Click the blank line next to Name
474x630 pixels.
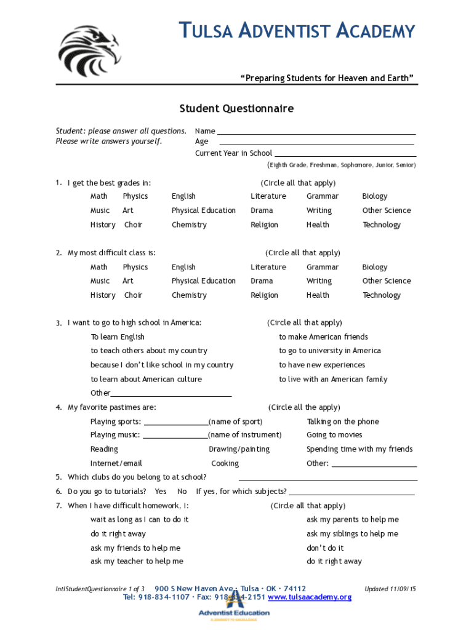tap(316, 132)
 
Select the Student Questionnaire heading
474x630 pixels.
tap(236, 109)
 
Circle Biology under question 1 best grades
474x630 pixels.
tap(374, 196)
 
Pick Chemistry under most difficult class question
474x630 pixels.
tap(189, 295)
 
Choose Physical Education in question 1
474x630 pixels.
tap(203, 210)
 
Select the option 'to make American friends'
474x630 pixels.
tap(323, 337)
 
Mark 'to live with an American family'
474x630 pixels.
tap(333, 380)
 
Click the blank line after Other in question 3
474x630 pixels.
tap(171, 394)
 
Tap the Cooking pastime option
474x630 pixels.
tap(225, 464)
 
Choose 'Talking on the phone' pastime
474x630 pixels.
tap(342, 422)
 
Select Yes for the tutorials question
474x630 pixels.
tap(161, 492)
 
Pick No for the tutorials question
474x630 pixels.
tap(182, 492)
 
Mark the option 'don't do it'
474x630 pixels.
tap(325, 548)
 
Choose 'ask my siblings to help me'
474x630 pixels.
tap(352, 534)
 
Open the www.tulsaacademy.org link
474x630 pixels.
tap(310, 597)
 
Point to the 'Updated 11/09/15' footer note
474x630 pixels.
tap(390, 589)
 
